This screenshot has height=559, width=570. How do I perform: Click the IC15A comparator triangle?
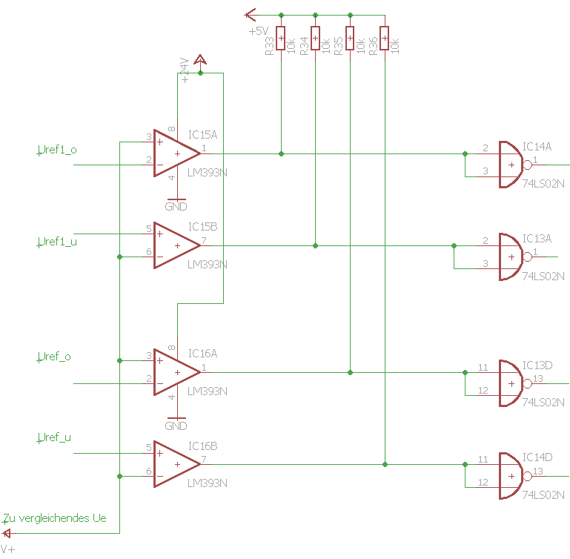point(175,153)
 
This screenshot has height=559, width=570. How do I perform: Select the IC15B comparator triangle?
point(175,245)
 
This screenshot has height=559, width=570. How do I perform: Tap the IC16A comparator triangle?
point(175,371)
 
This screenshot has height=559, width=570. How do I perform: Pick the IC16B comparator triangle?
point(175,464)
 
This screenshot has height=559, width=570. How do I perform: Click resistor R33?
point(281,39)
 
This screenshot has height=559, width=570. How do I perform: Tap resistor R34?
point(315,39)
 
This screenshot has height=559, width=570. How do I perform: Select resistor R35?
point(349,39)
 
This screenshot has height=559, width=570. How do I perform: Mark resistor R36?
point(384,39)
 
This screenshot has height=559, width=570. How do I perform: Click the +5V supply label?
point(258,31)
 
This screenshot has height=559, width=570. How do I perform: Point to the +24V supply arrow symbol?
point(200,61)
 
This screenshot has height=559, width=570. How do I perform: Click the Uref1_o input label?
point(57,150)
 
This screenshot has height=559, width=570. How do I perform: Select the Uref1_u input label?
point(57,242)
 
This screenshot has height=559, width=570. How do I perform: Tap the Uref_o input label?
point(54,357)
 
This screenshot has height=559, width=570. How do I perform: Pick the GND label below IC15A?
point(176,206)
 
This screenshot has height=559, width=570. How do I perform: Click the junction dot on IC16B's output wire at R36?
point(385,464)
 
